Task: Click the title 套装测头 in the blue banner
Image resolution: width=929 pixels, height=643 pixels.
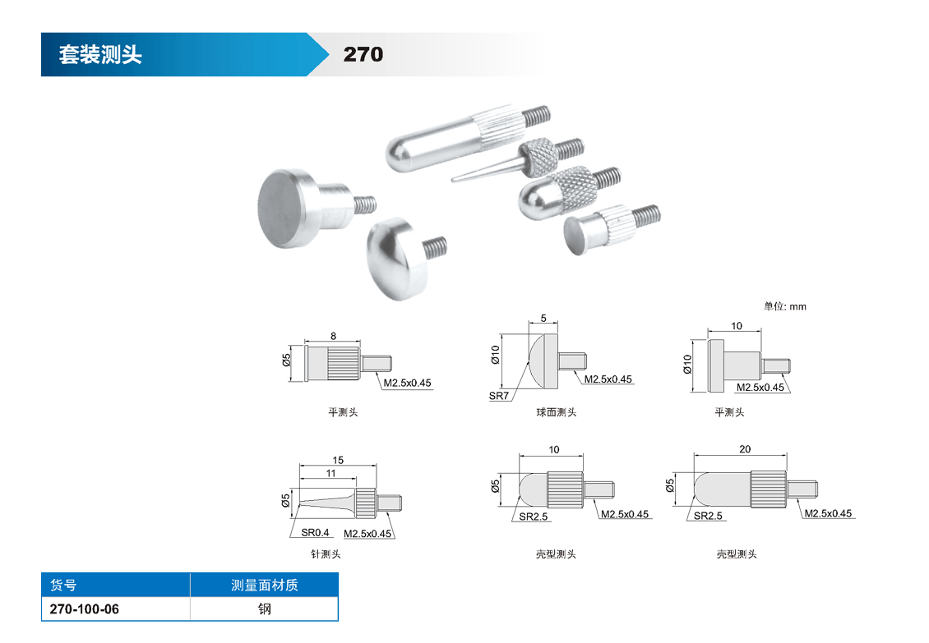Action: click(100, 54)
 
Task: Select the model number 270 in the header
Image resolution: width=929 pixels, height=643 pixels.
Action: click(363, 54)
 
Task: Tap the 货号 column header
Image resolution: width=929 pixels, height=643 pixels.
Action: click(63, 585)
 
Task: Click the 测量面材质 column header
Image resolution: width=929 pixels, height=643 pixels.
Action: click(264, 585)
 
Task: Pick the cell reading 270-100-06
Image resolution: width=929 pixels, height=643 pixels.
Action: click(84, 609)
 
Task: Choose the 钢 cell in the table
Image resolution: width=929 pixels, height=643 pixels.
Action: click(264, 609)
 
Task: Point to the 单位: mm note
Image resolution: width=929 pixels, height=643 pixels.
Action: click(784, 306)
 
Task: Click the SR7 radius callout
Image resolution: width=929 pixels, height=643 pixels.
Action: click(499, 396)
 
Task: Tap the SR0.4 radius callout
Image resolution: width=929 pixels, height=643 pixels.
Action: click(315, 532)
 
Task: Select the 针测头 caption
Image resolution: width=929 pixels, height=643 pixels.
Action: click(326, 554)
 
